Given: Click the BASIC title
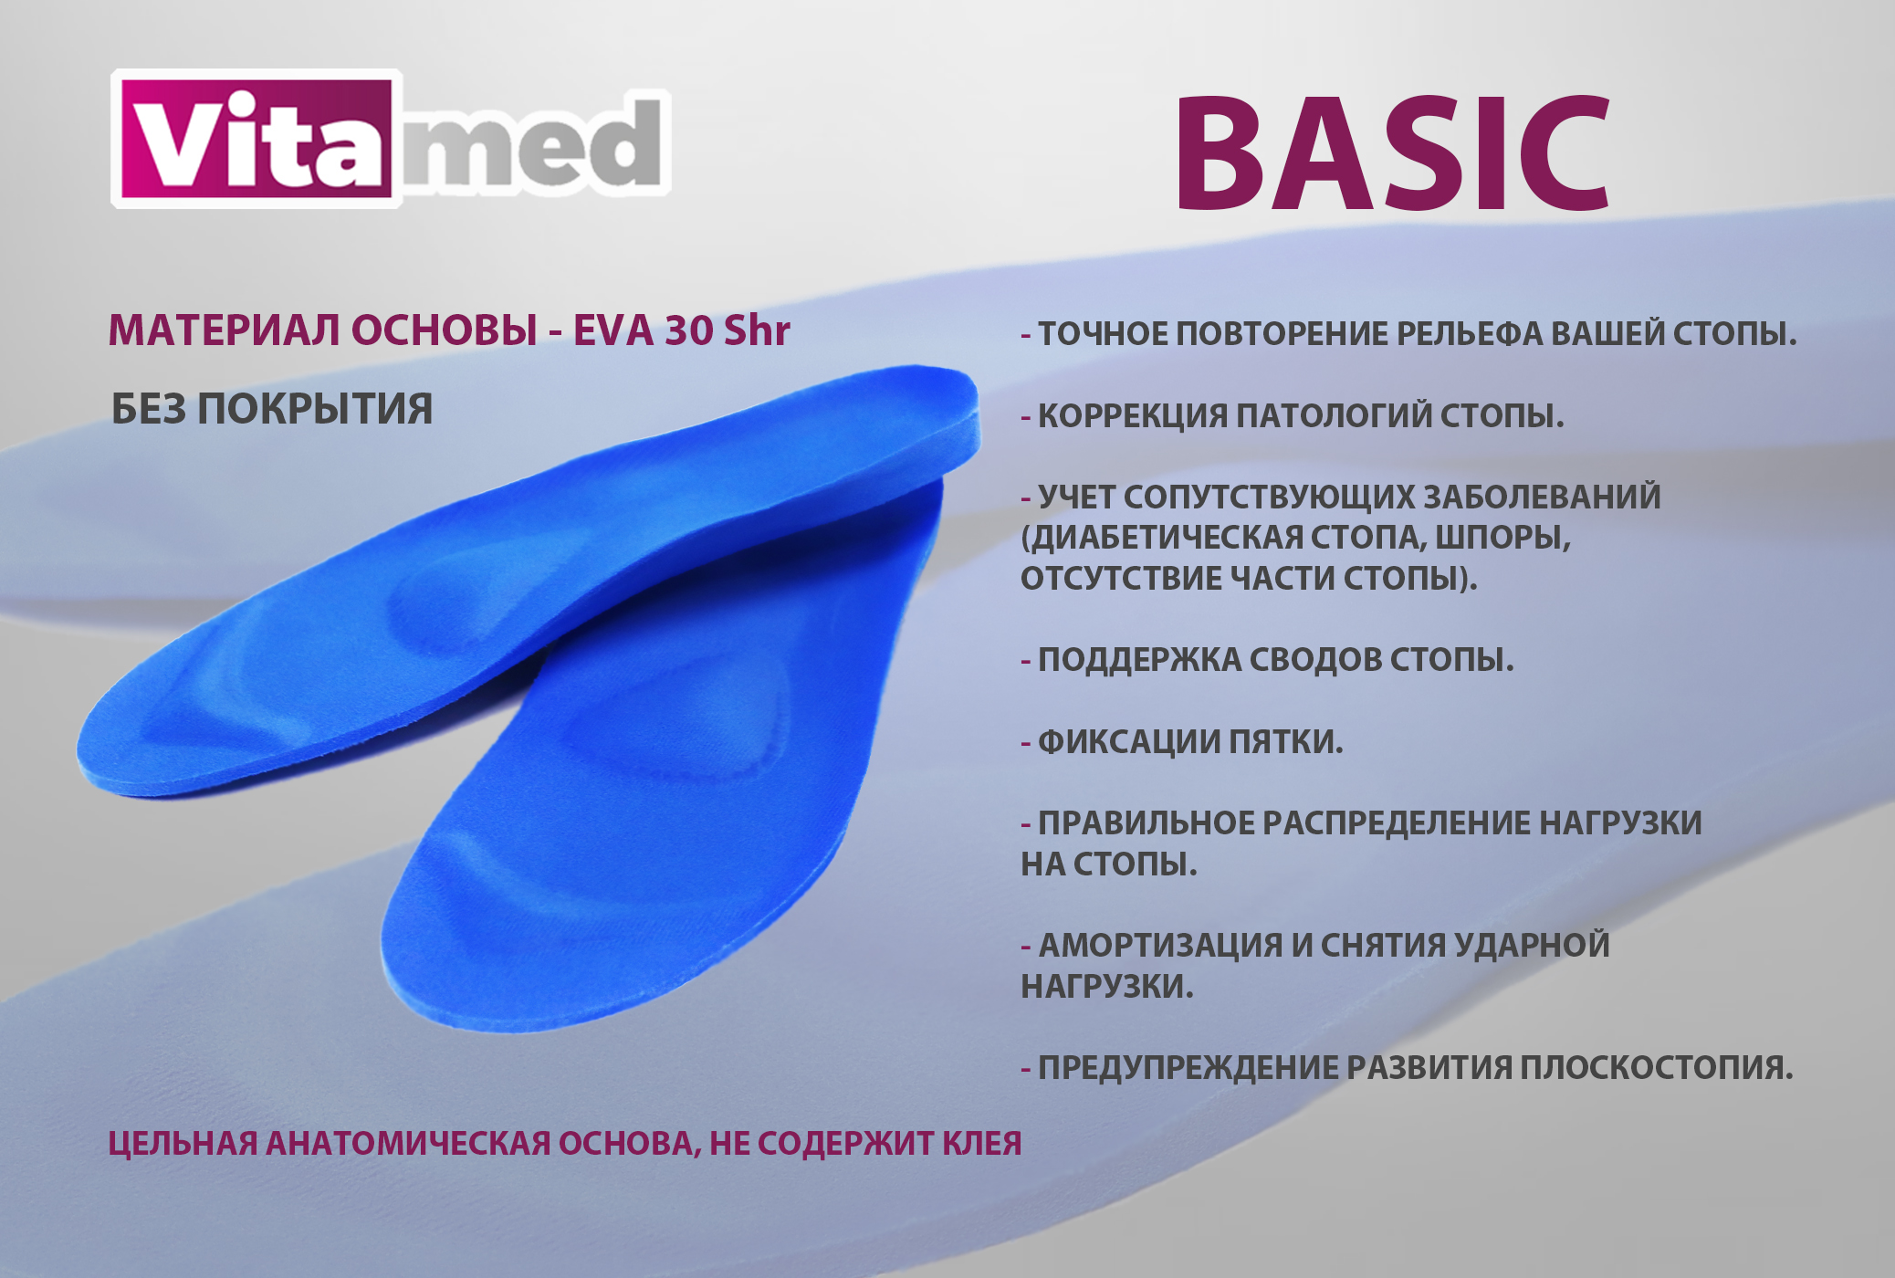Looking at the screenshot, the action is pos(1393,152).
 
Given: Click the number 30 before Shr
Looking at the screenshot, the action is pos(689,330).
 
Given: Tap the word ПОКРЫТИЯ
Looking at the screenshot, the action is pos(315,409).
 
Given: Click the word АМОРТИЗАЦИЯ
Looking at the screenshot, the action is pos(1160,945).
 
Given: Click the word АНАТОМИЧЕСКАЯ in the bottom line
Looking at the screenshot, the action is pos(407,1143).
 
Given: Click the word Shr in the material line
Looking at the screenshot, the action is pos(757,330).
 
